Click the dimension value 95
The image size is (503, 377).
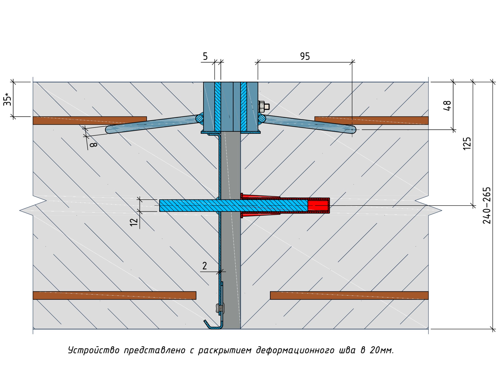click(305, 56)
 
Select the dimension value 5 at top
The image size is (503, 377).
click(205, 56)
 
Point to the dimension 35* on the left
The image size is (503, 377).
click(8, 99)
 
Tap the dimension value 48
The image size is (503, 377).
click(447, 106)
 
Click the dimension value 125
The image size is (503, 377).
click(467, 144)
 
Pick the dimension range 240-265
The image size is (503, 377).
click(487, 205)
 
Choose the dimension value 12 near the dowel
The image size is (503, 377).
click(134, 222)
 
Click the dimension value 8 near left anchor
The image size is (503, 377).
click(93, 145)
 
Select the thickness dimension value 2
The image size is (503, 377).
click(204, 266)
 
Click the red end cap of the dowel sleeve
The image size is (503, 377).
click(318, 205)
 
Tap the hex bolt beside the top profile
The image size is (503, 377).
click(263, 107)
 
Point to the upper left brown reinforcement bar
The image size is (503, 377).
click(90, 120)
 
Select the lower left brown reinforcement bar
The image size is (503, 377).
click(114, 295)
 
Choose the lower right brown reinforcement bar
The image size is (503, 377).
click(349, 295)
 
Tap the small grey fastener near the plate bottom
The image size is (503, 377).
click(220, 308)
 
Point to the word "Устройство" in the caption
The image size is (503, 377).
click(94, 350)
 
